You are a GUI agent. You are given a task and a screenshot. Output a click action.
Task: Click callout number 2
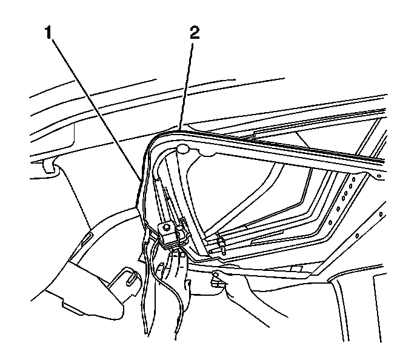point(193,33)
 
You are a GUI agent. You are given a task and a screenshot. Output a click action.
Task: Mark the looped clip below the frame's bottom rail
point(215,280)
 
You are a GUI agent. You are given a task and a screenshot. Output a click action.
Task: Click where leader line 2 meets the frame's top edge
point(181,127)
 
